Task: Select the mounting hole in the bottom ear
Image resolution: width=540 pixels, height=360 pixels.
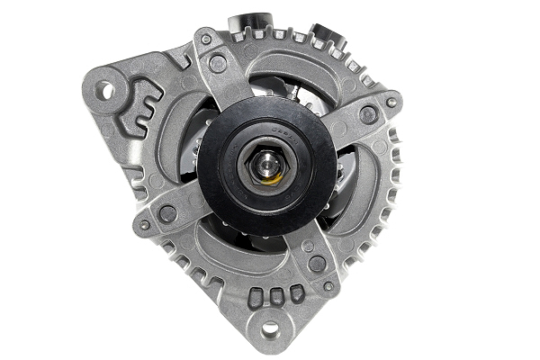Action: [x=269, y=330]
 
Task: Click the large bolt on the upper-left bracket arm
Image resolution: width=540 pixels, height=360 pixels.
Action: [x=218, y=63]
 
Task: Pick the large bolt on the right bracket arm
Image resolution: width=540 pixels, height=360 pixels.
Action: [x=368, y=114]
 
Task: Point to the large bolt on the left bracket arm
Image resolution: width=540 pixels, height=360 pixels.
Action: [x=167, y=213]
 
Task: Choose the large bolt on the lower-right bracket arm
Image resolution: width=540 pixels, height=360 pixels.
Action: [x=316, y=264]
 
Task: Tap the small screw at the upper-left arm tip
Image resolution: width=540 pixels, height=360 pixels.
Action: [x=207, y=40]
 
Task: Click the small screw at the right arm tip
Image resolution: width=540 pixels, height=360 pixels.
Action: [x=391, y=103]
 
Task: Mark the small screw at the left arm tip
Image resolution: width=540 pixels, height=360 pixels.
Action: [x=144, y=225]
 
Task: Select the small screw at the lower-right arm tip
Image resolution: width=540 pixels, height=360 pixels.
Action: [x=328, y=286]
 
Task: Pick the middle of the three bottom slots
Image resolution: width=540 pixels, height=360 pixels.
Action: [x=276, y=295]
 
